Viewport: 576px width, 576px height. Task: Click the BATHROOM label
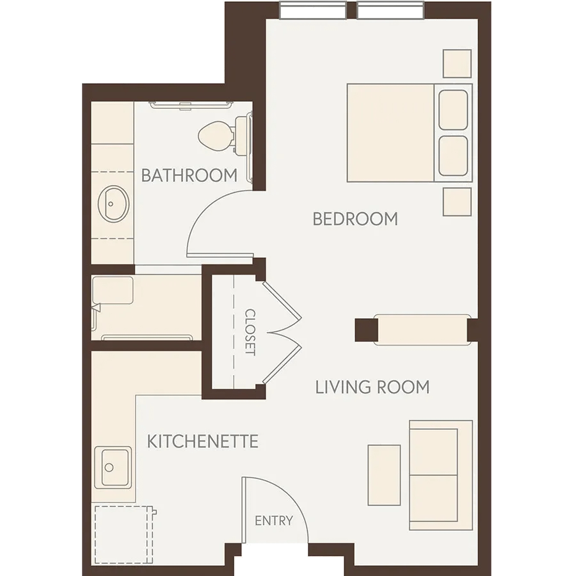pos(189,175)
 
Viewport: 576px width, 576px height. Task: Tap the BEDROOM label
pos(355,219)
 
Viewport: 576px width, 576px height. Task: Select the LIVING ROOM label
pos(372,387)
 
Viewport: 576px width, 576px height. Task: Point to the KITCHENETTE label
pos(203,441)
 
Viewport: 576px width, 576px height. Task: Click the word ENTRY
pos(274,520)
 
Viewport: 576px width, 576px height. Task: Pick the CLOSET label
pos(250,332)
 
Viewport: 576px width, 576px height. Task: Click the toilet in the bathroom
pos(225,135)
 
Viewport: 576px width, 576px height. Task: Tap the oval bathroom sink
pos(113,204)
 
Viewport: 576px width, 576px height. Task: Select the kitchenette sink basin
pos(113,467)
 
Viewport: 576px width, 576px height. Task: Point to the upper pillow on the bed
pos(453,110)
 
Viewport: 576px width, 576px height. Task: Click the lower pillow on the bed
pos(453,156)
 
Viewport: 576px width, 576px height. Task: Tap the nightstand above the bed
pos(457,63)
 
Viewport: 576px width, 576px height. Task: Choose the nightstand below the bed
pos(457,202)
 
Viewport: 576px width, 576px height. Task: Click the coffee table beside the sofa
pos(384,475)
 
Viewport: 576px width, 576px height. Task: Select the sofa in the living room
pos(441,476)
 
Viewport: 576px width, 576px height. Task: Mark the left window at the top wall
pos(312,10)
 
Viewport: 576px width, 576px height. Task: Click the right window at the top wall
pos(390,10)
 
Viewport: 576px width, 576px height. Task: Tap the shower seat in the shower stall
pos(113,290)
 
